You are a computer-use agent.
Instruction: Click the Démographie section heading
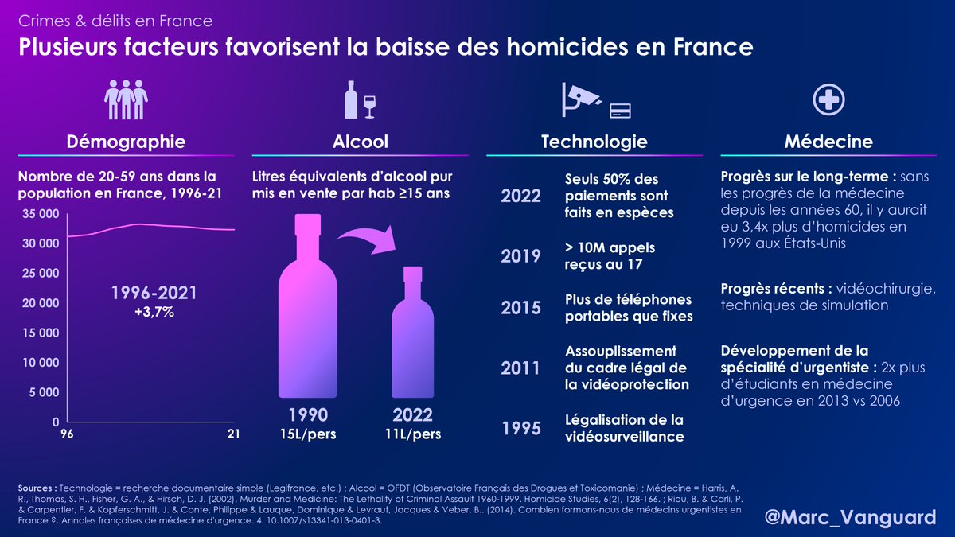click(127, 142)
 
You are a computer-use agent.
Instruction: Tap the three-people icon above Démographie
click(126, 96)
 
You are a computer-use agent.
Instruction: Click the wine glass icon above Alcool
click(368, 103)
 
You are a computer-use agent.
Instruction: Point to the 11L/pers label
click(412, 434)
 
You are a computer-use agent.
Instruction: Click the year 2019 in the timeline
click(520, 256)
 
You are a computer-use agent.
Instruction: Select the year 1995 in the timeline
click(520, 428)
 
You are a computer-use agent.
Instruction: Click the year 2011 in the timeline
click(520, 368)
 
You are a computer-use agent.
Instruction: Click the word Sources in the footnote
click(35, 485)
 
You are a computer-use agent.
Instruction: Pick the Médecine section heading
click(828, 142)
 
